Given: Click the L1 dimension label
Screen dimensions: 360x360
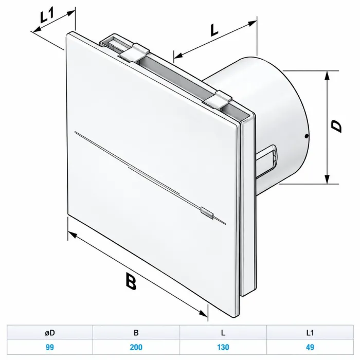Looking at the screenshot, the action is (x=47, y=15).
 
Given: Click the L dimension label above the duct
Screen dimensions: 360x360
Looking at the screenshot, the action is (x=214, y=30).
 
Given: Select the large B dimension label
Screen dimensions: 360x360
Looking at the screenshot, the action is (x=131, y=281).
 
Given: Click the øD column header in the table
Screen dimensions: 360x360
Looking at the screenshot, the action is (x=50, y=333).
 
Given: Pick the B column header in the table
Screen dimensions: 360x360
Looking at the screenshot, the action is (x=136, y=333).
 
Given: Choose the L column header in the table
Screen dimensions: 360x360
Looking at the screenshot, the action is (x=223, y=333).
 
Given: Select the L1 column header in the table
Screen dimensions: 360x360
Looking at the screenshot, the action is (x=310, y=333).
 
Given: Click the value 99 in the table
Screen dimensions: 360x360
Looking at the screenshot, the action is (x=50, y=347).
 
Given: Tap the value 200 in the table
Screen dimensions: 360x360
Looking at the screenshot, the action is (x=136, y=347).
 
